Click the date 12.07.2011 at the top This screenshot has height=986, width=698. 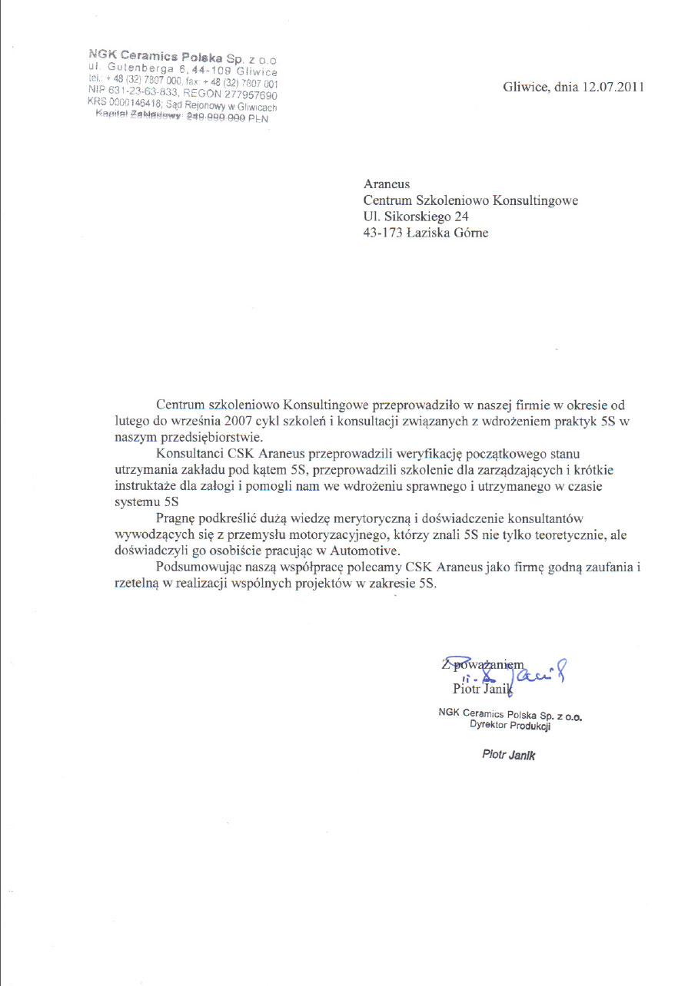[x=613, y=88]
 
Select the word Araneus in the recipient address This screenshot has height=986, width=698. [x=387, y=184]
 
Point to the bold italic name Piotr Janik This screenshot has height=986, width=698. [x=508, y=755]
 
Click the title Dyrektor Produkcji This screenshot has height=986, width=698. [x=510, y=726]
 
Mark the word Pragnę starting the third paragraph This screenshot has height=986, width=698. [x=176, y=519]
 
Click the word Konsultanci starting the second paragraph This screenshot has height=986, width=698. [x=186, y=455]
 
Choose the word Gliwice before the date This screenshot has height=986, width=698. [x=526, y=88]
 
